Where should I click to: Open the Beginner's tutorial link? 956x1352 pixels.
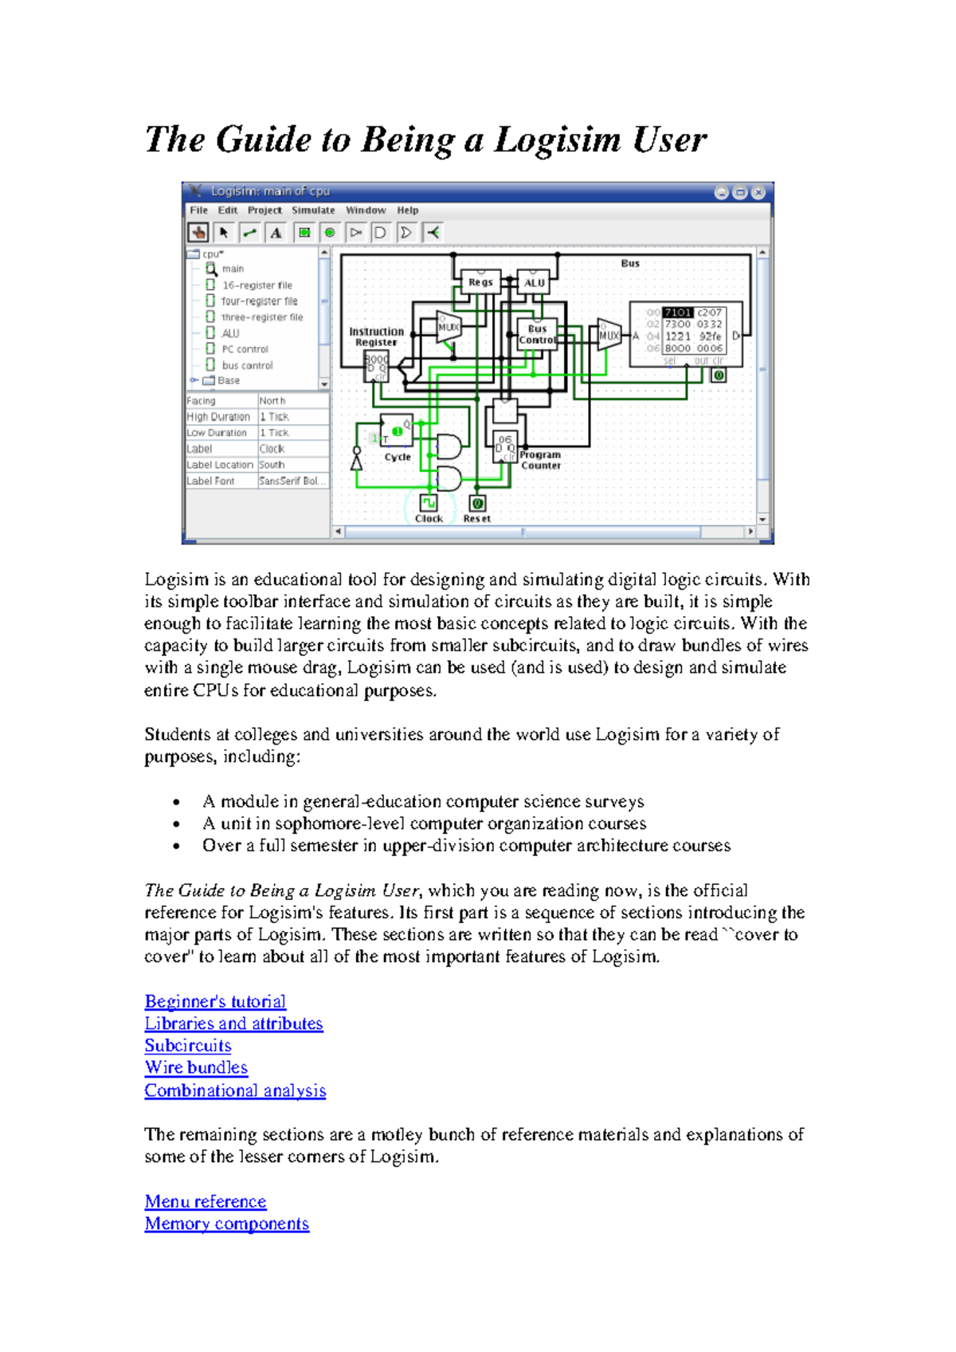pos(215,1001)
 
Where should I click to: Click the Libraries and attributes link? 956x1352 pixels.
pos(233,1024)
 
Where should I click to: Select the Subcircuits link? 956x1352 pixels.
pos(188,1046)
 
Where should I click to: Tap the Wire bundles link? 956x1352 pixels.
pos(196,1067)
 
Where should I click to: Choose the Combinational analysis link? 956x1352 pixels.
pos(235,1091)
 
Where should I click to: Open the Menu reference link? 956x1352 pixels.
pos(206,1201)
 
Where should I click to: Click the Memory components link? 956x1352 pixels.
pos(227,1224)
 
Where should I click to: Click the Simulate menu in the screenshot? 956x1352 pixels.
pos(313,210)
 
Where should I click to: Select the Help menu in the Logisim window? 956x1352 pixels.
pos(408,210)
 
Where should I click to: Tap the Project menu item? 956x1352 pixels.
pos(264,210)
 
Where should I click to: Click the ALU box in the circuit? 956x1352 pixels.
pos(535,283)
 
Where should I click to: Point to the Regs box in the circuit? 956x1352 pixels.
pos(480,282)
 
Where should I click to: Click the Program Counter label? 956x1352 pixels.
pos(540,460)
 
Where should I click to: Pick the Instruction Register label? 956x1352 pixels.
pos(376,336)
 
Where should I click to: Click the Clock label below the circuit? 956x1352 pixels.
pos(429,518)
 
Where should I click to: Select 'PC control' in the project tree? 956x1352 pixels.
pos(245,349)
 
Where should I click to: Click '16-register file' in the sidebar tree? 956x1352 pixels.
pos(257,285)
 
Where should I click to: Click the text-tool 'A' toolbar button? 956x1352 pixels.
pos(276,233)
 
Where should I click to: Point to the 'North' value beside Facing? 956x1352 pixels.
pos(272,401)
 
